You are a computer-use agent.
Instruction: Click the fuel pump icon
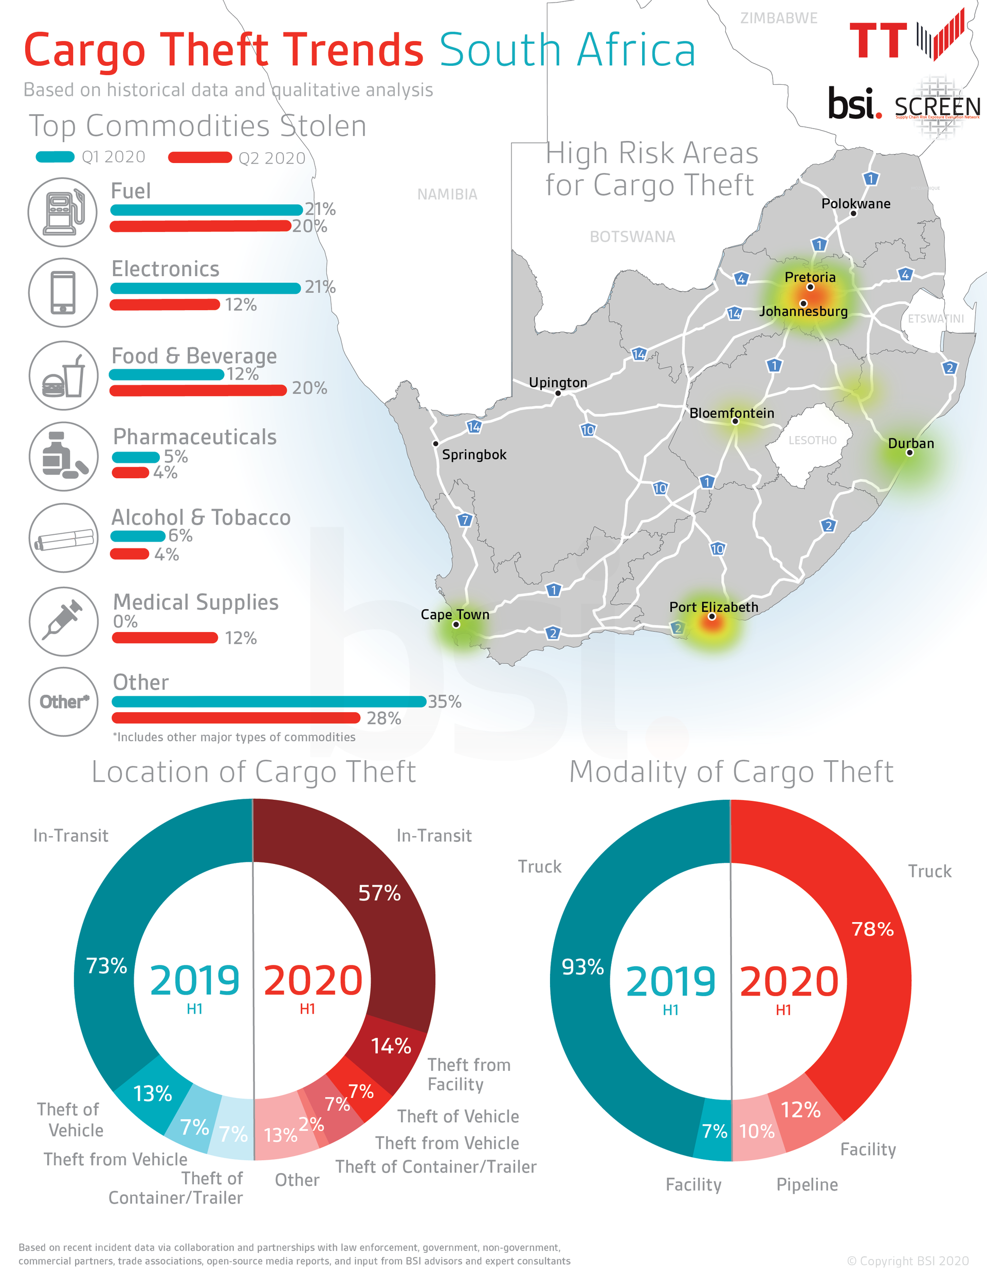pos(63,212)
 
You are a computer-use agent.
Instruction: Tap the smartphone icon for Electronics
pos(63,293)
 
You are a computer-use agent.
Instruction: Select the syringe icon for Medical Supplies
pos(63,621)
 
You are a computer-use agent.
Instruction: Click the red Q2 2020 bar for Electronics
pos(164,304)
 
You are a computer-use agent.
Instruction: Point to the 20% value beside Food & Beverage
pos(309,388)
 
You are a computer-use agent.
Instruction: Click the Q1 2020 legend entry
pos(90,157)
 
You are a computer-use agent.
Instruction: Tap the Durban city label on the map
pos(910,443)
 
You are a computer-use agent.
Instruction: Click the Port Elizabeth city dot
pos(711,616)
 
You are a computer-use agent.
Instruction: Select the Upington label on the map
pos(558,382)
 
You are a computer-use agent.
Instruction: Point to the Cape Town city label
pos(454,615)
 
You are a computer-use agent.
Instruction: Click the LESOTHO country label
pos(812,440)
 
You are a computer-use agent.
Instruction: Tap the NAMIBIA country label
pos(447,194)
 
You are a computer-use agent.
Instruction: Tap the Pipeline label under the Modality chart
pos(807,1184)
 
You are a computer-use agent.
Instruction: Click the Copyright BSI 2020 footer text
pos(907,1261)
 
